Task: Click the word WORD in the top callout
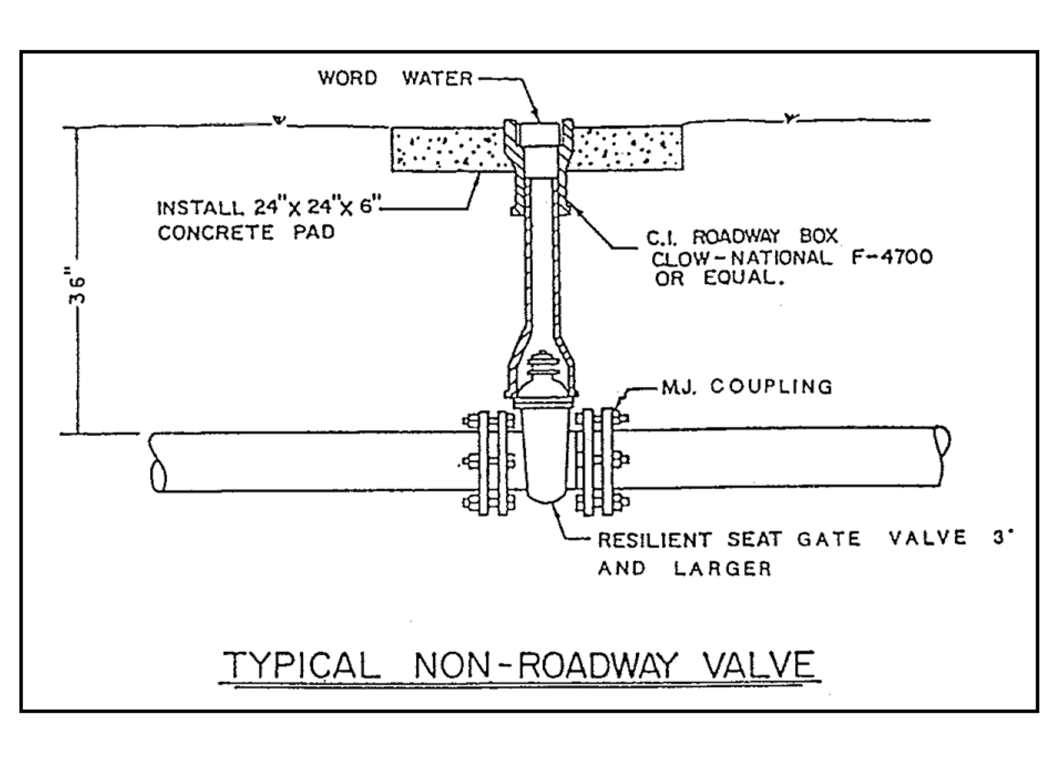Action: tap(348, 78)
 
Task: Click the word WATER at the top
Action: tap(437, 79)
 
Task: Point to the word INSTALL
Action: tap(199, 209)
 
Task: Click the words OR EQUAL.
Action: tap(719, 279)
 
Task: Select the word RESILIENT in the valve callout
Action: tap(654, 540)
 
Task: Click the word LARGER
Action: tap(723, 569)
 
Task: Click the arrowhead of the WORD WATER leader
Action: tap(539, 119)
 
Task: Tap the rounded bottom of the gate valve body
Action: tap(544, 497)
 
